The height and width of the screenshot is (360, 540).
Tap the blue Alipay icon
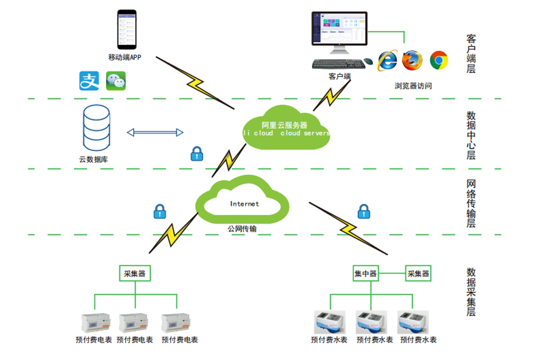89,80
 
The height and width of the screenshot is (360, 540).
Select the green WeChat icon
116,80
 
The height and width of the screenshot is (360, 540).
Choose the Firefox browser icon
412,60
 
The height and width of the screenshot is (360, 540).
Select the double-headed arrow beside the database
155,132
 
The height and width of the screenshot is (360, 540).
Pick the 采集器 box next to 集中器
418,274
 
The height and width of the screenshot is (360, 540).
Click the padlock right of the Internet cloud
363,211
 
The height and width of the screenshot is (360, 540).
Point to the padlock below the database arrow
197,153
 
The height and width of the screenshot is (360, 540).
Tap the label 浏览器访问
413,85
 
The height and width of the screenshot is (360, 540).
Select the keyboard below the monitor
336,63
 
